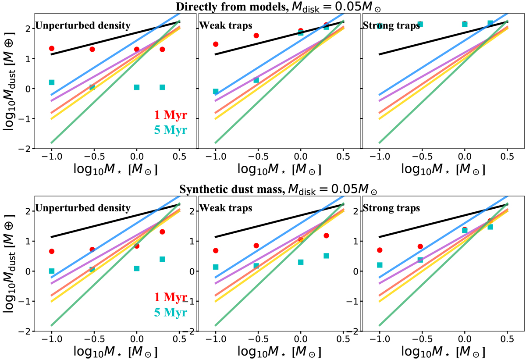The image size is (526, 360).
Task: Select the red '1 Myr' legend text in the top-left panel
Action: tap(171, 115)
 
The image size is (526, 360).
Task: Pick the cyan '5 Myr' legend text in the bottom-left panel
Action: tap(171, 312)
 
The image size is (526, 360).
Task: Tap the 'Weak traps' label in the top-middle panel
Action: tap(220, 25)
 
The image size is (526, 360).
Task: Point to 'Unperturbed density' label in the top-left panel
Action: tap(83, 25)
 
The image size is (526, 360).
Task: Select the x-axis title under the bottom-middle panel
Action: tap(279, 352)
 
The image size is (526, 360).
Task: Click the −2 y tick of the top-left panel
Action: tap(27, 149)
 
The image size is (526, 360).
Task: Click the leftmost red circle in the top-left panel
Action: tap(52, 48)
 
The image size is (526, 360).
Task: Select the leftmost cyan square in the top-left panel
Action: tap(52, 82)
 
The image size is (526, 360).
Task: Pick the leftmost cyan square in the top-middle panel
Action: tap(216, 91)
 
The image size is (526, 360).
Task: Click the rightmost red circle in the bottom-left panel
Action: tap(162, 232)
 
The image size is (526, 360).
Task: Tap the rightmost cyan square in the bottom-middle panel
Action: tap(326, 256)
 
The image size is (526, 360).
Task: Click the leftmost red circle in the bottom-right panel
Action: tap(380, 250)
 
